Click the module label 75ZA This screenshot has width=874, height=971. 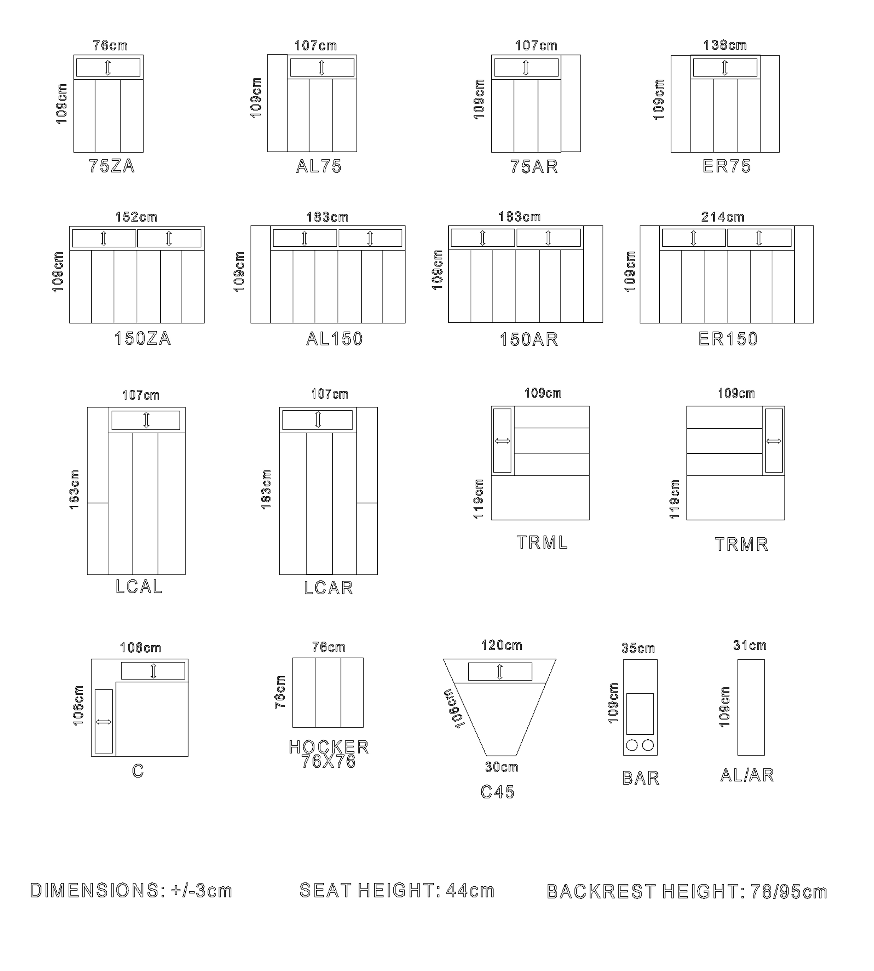tap(112, 166)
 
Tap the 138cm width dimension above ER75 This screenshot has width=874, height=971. tap(725, 45)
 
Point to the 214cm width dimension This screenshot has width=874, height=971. tap(723, 217)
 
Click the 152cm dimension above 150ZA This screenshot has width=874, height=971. tap(137, 217)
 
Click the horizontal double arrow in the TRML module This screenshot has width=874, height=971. tap(502, 441)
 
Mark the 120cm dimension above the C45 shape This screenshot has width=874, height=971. tap(502, 645)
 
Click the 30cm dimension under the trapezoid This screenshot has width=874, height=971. tap(502, 767)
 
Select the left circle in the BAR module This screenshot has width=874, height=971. tap(632, 745)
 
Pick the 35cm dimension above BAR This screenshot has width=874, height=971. tap(638, 648)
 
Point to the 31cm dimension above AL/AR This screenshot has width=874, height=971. tap(750, 645)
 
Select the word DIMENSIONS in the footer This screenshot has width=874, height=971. tap(94, 891)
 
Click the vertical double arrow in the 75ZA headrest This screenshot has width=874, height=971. tap(108, 68)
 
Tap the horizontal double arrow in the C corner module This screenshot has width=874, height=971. tap(104, 722)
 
